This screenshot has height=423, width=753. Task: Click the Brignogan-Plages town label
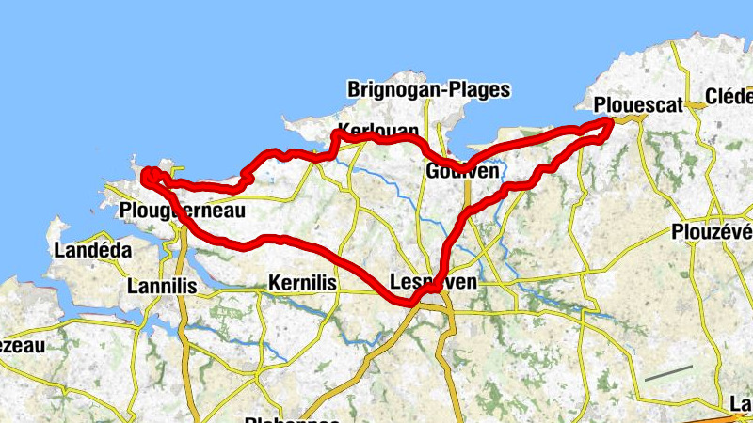pyautogui.click(x=428, y=90)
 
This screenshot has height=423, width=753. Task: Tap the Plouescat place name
pyautogui.click(x=639, y=104)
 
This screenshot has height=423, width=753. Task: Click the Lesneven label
pyautogui.click(x=433, y=281)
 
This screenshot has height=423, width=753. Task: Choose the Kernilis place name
pyautogui.click(x=302, y=282)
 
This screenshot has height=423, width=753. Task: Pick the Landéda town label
pyautogui.click(x=92, y=251)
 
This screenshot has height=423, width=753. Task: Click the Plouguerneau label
pyautogui.click(x=184, y=211)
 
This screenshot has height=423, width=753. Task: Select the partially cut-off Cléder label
pyautogui.click(x=729, y=97)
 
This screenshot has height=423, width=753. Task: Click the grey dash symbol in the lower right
pyautogui.click(x=668, y=373)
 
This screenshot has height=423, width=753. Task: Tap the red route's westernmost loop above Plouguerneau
pyautogui.click(x=148, y=175)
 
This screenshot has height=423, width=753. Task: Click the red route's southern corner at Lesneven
pyautogui.click(x=410, y=302)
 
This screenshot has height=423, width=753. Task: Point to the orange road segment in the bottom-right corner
pyautogui.click(x=720, y=415)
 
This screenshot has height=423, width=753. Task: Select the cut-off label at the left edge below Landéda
pyautogui.click(x=21, y=346)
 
